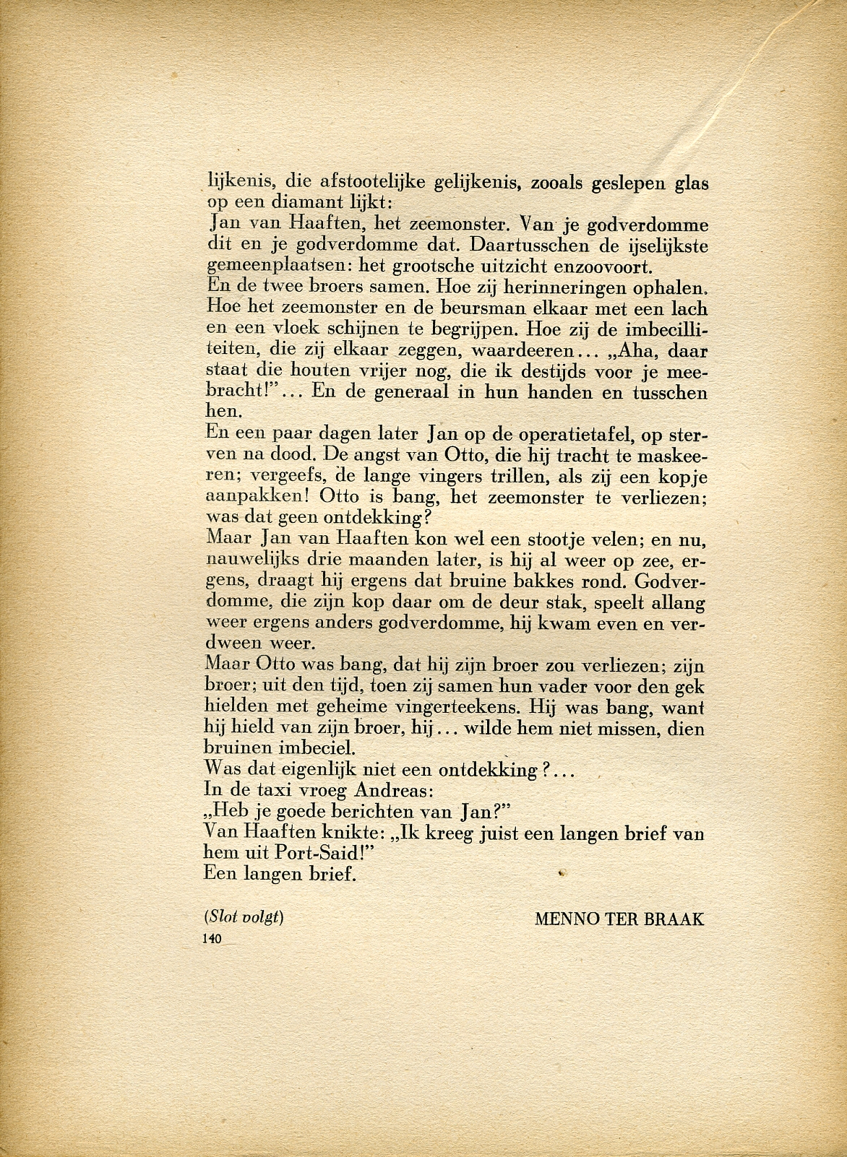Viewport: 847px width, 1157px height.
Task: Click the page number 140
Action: coord(212,938)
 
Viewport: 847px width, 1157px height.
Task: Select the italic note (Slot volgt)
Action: coord(244,917)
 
